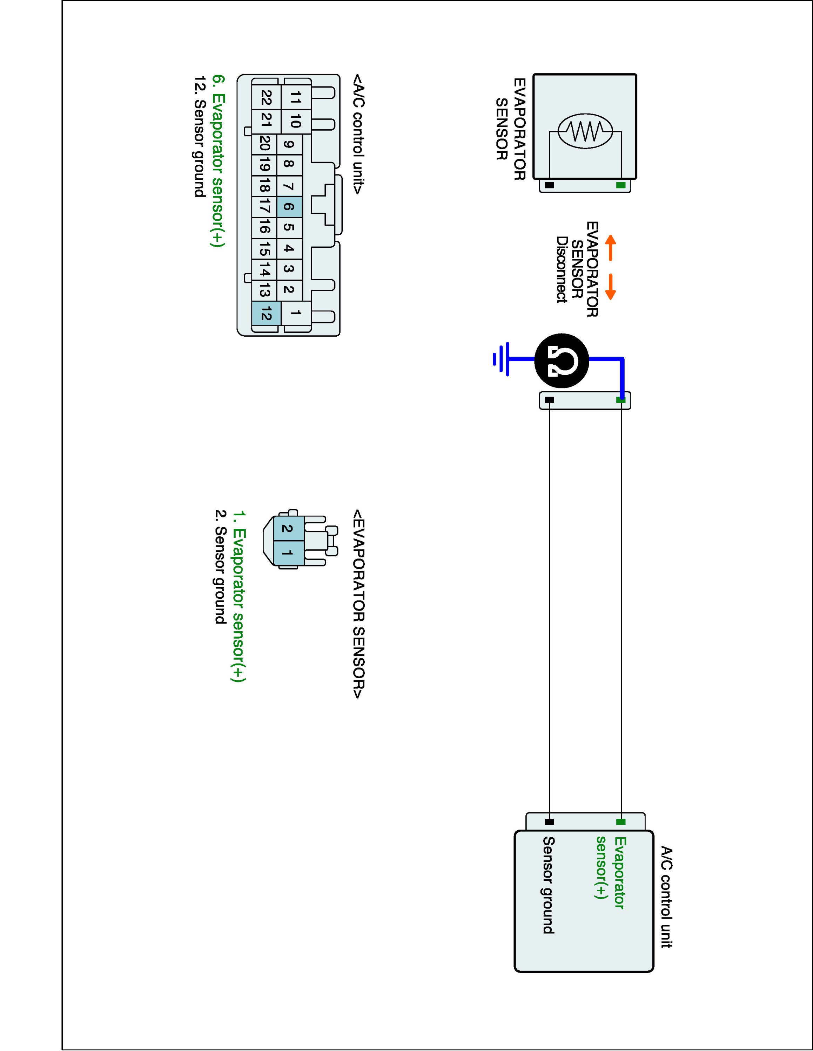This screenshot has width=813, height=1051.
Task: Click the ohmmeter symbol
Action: click(562, 360)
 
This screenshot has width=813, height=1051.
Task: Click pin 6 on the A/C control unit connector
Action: click(289, 207)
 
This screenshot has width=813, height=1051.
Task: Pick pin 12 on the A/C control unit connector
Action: click(264, 315)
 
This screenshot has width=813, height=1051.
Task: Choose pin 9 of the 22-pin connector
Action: click(289, 144)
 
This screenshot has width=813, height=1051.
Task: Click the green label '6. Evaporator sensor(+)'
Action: click(218, 161)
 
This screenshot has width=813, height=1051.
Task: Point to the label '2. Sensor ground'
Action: click(220, 566)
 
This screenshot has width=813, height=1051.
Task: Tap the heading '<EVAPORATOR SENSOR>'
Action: click(358, 604)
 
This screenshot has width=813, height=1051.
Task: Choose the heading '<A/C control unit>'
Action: click(358, 134)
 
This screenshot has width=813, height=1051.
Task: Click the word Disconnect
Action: click(561, 269)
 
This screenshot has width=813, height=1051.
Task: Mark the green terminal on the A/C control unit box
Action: click(621, 822)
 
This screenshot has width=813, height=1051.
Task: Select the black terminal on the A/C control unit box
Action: click(549, 822)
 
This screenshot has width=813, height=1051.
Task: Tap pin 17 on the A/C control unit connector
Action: click(264, 207)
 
